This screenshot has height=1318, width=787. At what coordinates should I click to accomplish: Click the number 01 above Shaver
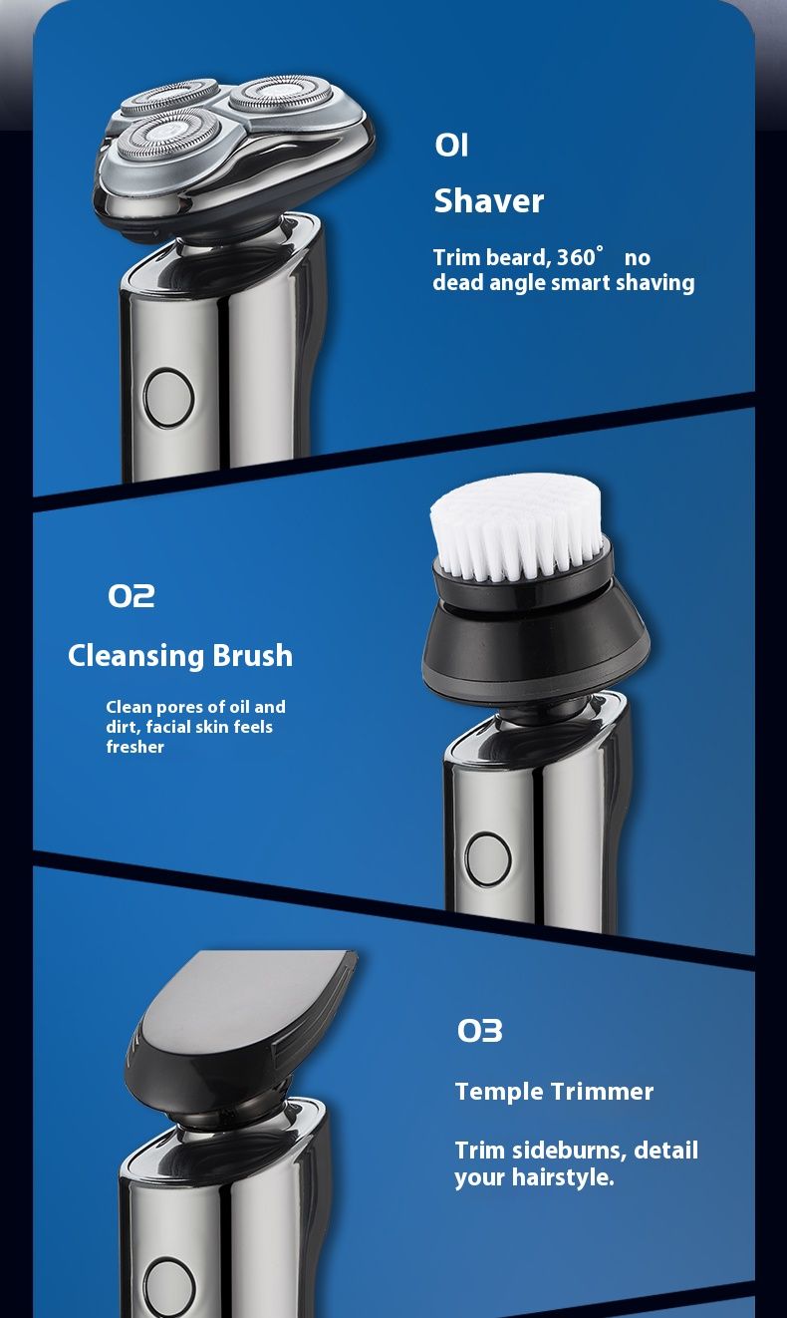pyautogui.click(x=451, y=145)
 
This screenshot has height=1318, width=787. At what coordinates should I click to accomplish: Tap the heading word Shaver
pyautogui.click(x=488, y=201)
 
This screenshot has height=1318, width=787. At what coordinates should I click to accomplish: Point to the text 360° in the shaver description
pyautogui.click(x=580, y=256)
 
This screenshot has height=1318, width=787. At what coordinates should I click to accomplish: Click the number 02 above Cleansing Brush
pyautogui.click(x=131, y=595)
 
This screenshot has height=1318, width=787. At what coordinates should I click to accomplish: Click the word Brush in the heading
pyautogui.click(x=252, y=655)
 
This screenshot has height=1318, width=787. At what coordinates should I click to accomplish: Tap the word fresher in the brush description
pyautogui.click(x=134, y=747)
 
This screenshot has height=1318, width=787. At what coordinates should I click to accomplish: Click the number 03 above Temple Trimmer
pyautogui.click(x=479, y=1030)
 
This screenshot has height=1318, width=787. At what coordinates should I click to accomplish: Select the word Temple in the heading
pyautogui.click(x=499, y=1092)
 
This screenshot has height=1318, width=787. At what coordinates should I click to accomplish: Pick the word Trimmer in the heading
pyautogui.click(x=602, y=1092)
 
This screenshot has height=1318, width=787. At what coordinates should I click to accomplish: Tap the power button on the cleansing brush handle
pyautogui.click(x=487, y=859)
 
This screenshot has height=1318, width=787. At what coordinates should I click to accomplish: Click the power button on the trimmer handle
pyautogui.click(x=169, y=1288)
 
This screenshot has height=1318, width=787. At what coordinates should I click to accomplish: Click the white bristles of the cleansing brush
pyautogui.click(x=516, y=525)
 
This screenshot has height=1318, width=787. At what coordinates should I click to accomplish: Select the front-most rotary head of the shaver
pyautogui.click(x=168, y=137)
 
